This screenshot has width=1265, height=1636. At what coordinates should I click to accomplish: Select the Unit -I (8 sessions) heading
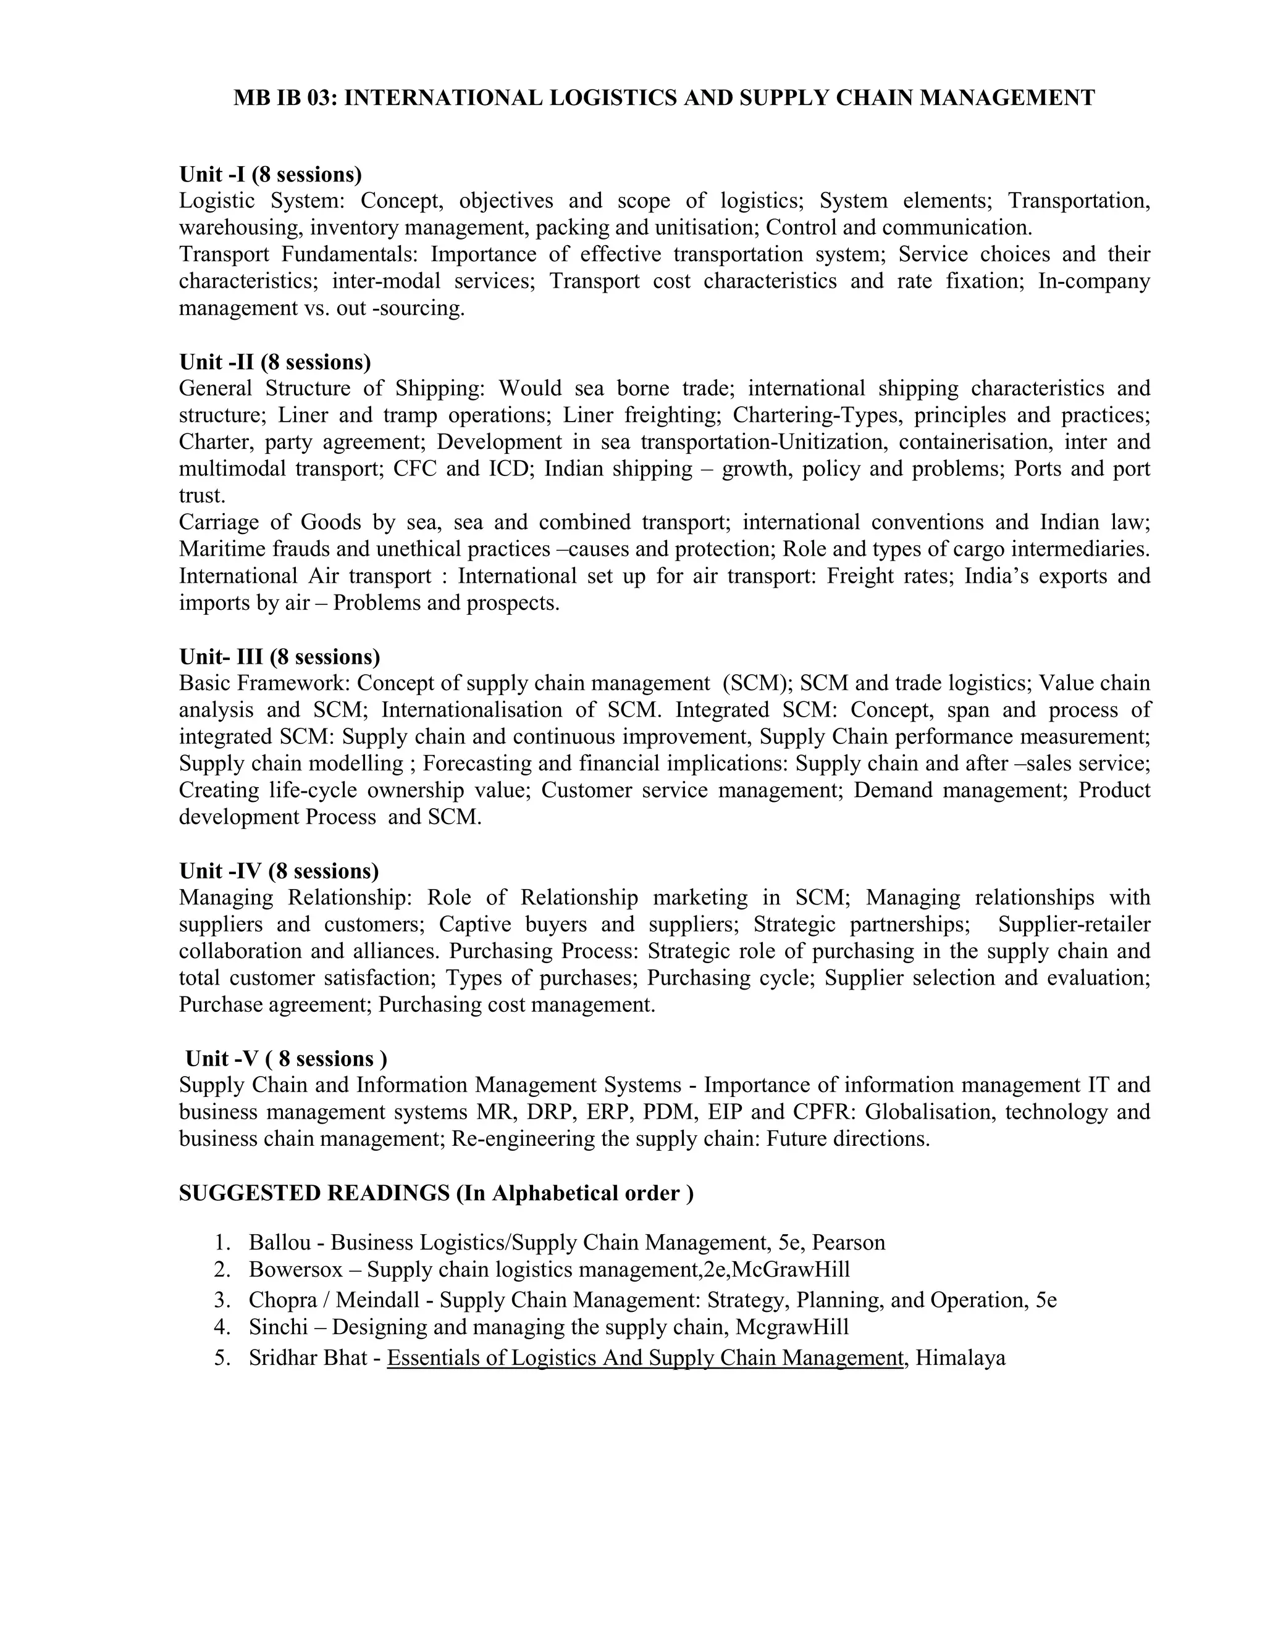271,174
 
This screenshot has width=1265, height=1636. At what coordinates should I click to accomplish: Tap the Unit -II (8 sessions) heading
275,362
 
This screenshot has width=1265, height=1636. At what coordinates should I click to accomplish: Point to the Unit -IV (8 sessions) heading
279,870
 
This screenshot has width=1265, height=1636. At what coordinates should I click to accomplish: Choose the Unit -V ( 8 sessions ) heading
286,1058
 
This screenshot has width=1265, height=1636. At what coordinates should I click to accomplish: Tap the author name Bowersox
295,1269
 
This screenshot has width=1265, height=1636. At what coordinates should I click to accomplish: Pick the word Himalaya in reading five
960,1358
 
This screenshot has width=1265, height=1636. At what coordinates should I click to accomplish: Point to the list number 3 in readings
221,1300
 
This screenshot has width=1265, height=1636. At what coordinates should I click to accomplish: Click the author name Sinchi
278,1327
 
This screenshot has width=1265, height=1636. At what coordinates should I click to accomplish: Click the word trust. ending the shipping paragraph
201,495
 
